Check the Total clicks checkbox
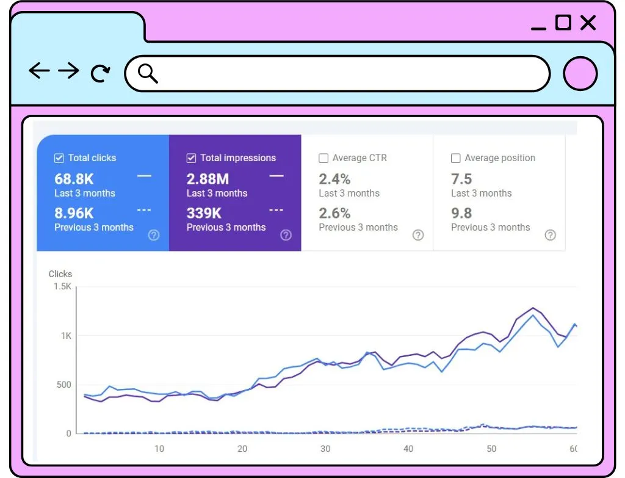tap(59, 158)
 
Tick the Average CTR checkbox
tap(323, 158)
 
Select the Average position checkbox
tap(455, 158)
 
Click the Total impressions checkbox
tap(191, 158)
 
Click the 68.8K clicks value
tap(74, 179)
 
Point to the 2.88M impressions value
tap(208, 179)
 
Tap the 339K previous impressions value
tap(204, 213)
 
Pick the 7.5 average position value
tap(461, 179)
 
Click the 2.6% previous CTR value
tap(334, 213)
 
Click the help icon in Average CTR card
tap(418, 235)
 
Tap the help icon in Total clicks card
tap(154, 235)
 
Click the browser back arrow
tap(39, 71)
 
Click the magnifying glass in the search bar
tap(148, 73)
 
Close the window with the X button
tap(588, 23)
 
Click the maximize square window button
tap(563, 23)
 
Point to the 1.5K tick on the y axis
tap(63, 286)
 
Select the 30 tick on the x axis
tap(325, 449)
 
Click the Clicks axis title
tap(60, 274)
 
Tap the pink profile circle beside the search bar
tap(580, 74)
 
